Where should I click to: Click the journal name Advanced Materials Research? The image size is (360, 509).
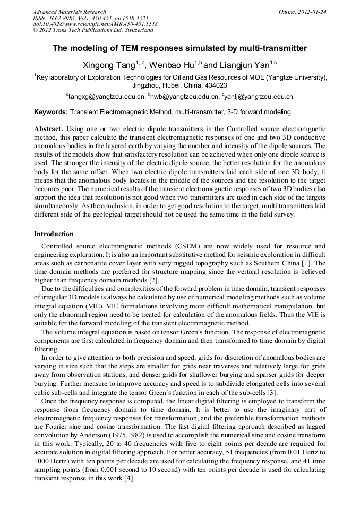(69, 12)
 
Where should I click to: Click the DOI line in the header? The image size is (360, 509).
(95, 24)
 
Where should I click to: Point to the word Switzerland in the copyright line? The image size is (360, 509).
(135, 30)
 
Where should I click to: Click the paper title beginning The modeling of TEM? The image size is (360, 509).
(179, 48)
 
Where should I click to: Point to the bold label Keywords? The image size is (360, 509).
(51, 112)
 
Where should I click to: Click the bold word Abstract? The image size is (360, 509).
(48, 129)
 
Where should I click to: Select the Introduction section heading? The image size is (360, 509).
(54, 234)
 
